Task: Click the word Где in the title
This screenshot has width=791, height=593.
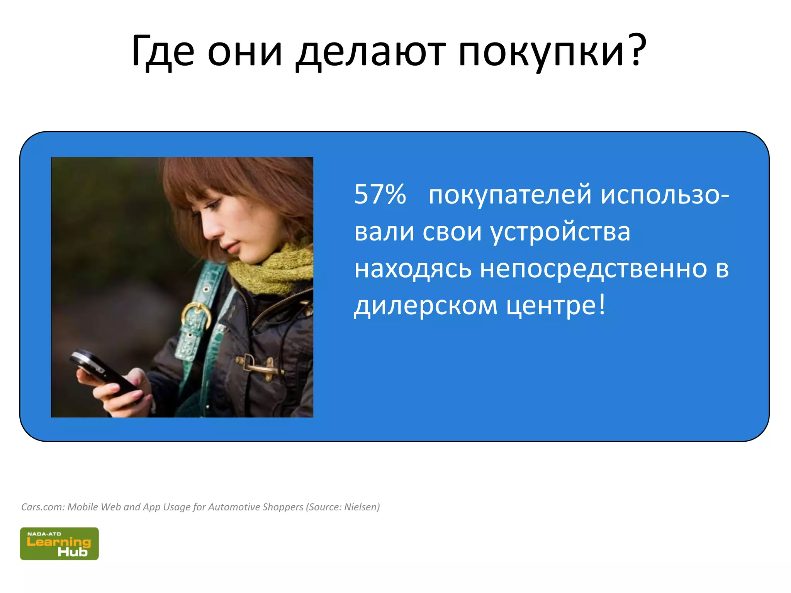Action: click(x=163, y=51)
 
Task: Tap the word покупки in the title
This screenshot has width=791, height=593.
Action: click(x=541, y=52)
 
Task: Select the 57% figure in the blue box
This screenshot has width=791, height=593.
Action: click(x=380, y=194)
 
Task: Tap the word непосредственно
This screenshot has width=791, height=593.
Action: click(x=593, y=269)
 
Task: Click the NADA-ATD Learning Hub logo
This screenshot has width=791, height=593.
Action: click(x=59, y=544)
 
